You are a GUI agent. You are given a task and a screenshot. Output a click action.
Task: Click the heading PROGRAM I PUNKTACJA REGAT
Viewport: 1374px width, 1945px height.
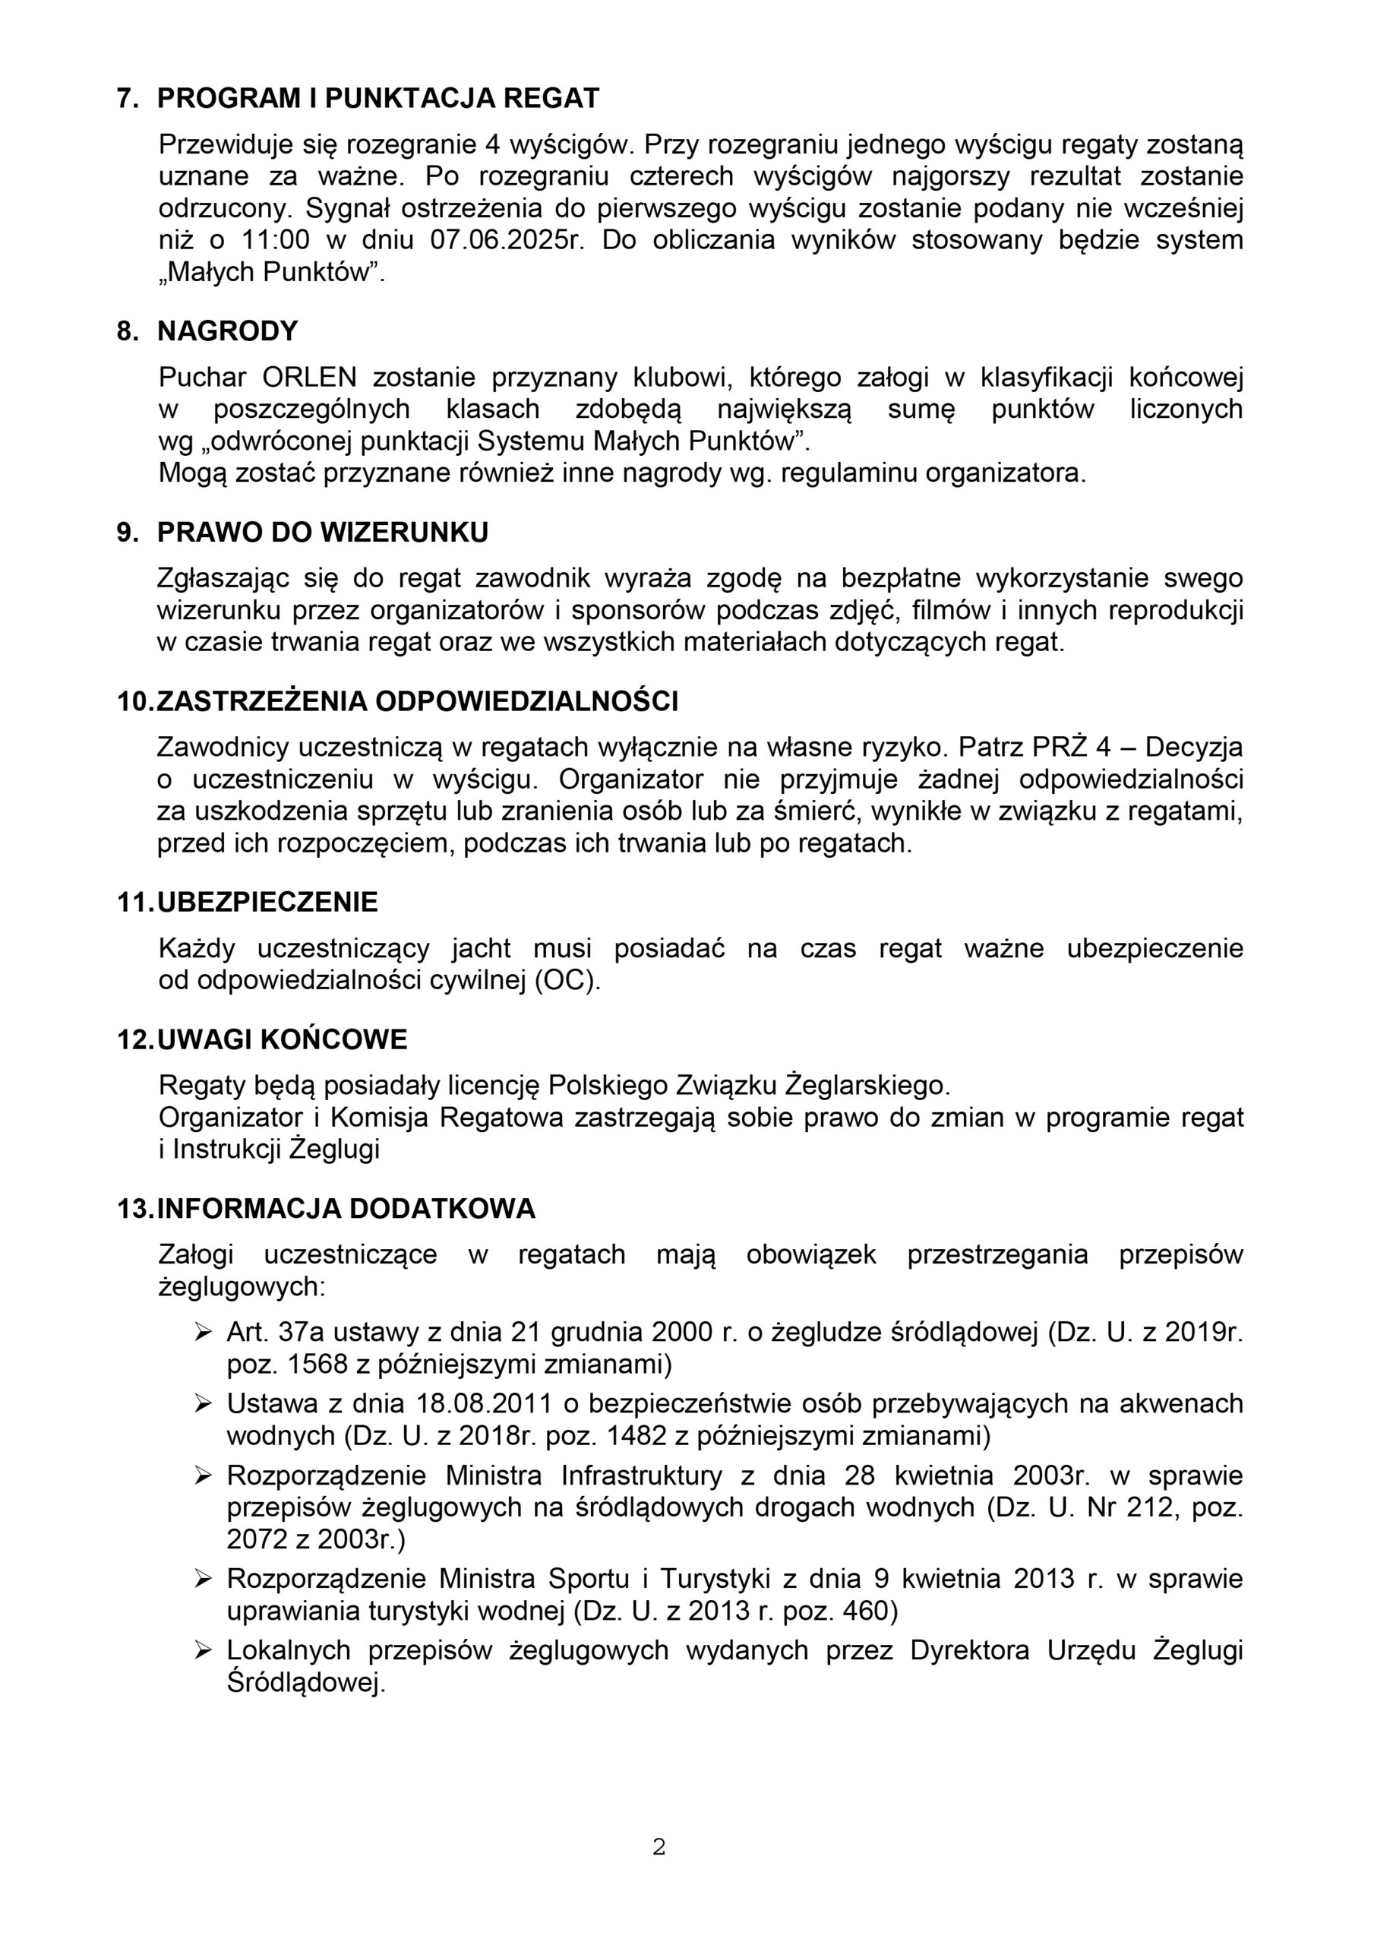click(x=377, y=98)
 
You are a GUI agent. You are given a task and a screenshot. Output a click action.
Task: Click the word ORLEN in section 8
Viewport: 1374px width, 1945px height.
click(x=309, y=377)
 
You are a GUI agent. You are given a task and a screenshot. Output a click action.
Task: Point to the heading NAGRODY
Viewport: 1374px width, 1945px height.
click(x=228, y=330)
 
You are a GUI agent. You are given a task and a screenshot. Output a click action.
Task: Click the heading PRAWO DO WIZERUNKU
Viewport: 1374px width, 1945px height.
click(x=323, y=532)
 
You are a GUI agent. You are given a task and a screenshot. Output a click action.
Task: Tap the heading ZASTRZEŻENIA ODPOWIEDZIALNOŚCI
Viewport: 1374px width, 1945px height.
click(x=418, y=701)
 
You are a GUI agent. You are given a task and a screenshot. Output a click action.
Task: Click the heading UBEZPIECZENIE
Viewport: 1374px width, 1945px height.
click(x=267, y=901)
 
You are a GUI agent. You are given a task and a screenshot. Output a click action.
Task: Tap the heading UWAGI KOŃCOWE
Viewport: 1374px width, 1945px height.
click(x=282, y=1039)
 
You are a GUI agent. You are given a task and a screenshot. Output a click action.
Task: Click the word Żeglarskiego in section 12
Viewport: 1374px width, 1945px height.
click(x=868, y=1085)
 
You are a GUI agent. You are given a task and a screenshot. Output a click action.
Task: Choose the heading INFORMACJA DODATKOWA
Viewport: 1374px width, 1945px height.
click(x=346, y=1208)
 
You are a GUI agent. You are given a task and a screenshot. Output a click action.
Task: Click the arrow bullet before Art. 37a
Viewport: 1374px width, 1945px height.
click(x=203, y=1333)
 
